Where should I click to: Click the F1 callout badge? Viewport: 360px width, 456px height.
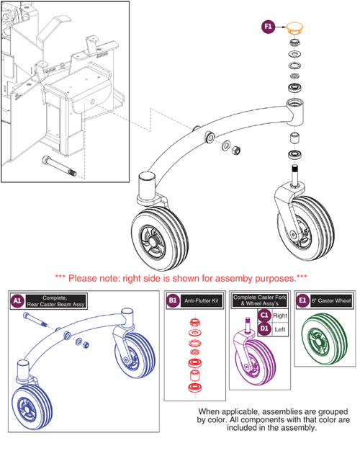click(269, 27)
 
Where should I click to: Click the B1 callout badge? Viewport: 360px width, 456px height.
click(173, 299)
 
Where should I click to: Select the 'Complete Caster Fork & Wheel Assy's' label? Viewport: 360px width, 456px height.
click(261, 300)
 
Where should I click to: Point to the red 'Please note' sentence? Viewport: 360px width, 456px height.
click(180, 277)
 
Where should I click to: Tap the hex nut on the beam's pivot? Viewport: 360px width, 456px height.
click(234, 149)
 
